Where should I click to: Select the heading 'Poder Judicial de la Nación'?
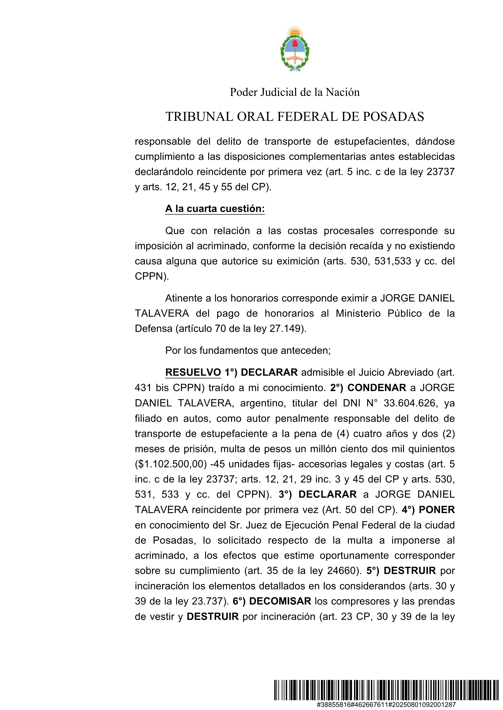[295, 92]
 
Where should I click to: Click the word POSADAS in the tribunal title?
[393, 117]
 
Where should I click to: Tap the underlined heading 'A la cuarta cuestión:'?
[215, 209]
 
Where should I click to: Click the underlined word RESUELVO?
[193, 372]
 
